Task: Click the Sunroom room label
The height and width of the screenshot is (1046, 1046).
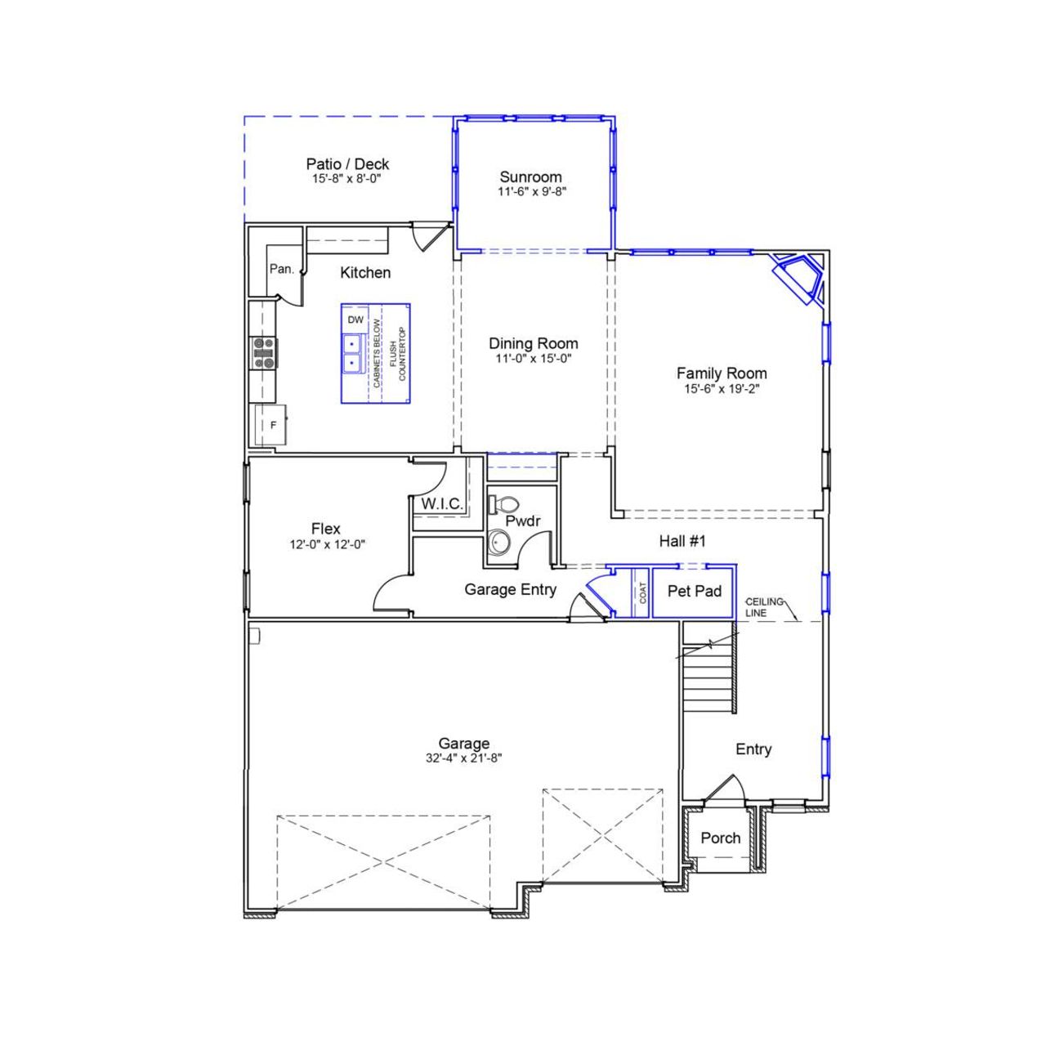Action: coord(530,177)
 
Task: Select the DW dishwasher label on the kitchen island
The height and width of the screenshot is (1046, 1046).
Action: coord(355,320)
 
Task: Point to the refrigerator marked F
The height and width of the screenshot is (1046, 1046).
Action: coord(273,425)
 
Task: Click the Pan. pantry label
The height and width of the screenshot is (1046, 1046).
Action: coord(282,269)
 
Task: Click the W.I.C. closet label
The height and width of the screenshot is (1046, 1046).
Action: coord(442,504)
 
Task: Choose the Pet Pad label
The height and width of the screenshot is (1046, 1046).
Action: coord(695,591)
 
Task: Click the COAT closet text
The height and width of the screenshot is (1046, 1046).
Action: coord(643,592)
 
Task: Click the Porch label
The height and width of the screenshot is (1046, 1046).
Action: coord(721,838)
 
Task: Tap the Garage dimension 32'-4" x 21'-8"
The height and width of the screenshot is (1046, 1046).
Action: coord(464,758)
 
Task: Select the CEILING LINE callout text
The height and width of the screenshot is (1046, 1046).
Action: coord(763,607)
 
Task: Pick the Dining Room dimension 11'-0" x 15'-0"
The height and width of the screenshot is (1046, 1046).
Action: coord(534,358)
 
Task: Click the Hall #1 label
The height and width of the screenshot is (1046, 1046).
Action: coord(682,541)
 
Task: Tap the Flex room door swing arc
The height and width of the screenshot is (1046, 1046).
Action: coord(391,592)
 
